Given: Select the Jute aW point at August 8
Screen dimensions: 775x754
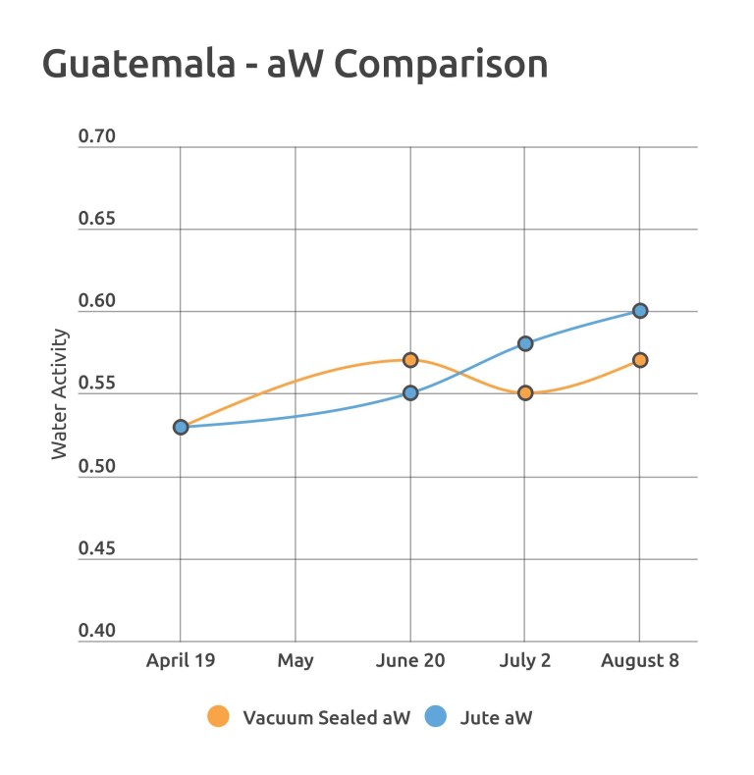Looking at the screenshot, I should (640, 311).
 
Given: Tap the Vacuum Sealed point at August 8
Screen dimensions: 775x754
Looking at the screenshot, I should (640, 360).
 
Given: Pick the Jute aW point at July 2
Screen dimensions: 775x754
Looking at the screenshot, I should (525, 343).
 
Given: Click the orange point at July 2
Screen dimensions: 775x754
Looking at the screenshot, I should (525, 393).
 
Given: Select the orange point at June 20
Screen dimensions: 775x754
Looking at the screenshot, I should (410, 360).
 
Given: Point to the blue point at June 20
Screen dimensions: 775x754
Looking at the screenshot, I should (410, 393).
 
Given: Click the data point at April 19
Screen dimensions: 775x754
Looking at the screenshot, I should (181, 427).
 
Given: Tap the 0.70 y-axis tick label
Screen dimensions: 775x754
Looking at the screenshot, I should (96, 136).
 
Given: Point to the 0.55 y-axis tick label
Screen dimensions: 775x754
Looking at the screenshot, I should (96, 384).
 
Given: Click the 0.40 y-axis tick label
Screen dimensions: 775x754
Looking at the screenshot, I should (96, 631).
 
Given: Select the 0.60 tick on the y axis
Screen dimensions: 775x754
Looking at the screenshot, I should (96, 301).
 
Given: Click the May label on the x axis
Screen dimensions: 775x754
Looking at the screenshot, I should (296, 660).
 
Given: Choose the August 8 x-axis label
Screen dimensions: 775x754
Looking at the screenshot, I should (640, 660).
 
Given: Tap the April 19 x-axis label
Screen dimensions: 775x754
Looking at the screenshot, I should (181, 660).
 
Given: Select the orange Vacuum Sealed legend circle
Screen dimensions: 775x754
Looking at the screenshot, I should (219, 717).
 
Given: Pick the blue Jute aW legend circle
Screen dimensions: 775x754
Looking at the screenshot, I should (435, 717).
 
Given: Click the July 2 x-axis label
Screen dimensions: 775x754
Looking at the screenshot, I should (525, 660).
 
